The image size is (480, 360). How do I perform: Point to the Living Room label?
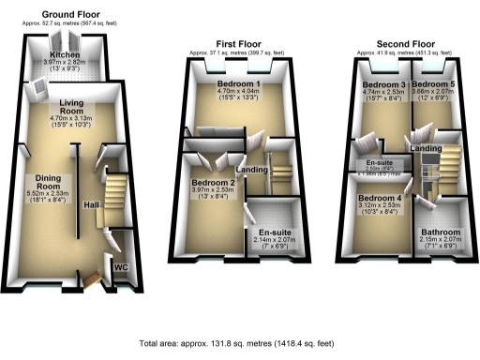click(x=71, y=108)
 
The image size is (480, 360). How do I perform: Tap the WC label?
click(x=120, y=267)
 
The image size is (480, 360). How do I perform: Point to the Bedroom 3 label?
click(x=382, y=85)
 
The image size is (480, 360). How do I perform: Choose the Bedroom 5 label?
click(x=440, y=85)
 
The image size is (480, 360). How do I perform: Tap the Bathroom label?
click(x=440, y=232)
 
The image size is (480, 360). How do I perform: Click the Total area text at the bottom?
click(x=240, y=344)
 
